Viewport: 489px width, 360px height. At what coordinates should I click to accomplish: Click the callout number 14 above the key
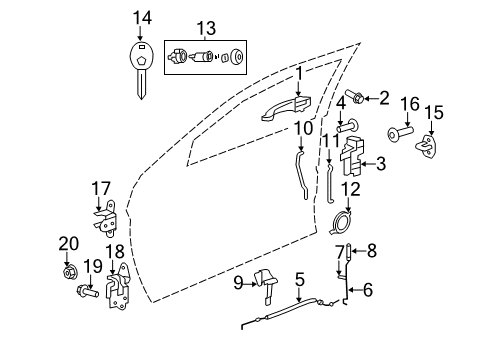144,17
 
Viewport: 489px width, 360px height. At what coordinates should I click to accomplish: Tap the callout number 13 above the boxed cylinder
205,27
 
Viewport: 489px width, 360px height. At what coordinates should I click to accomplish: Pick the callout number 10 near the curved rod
303,127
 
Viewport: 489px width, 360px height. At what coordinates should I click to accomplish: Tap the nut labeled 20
69,272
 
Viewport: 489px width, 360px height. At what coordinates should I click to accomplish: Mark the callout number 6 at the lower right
367,291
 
